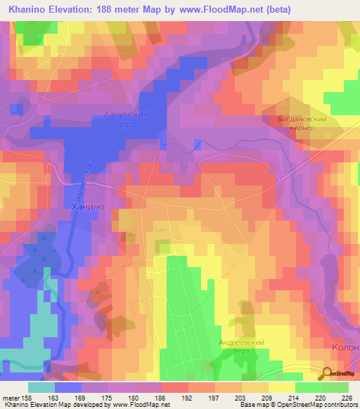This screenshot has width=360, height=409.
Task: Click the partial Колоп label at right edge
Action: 345,348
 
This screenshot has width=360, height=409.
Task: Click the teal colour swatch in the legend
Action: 41,387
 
